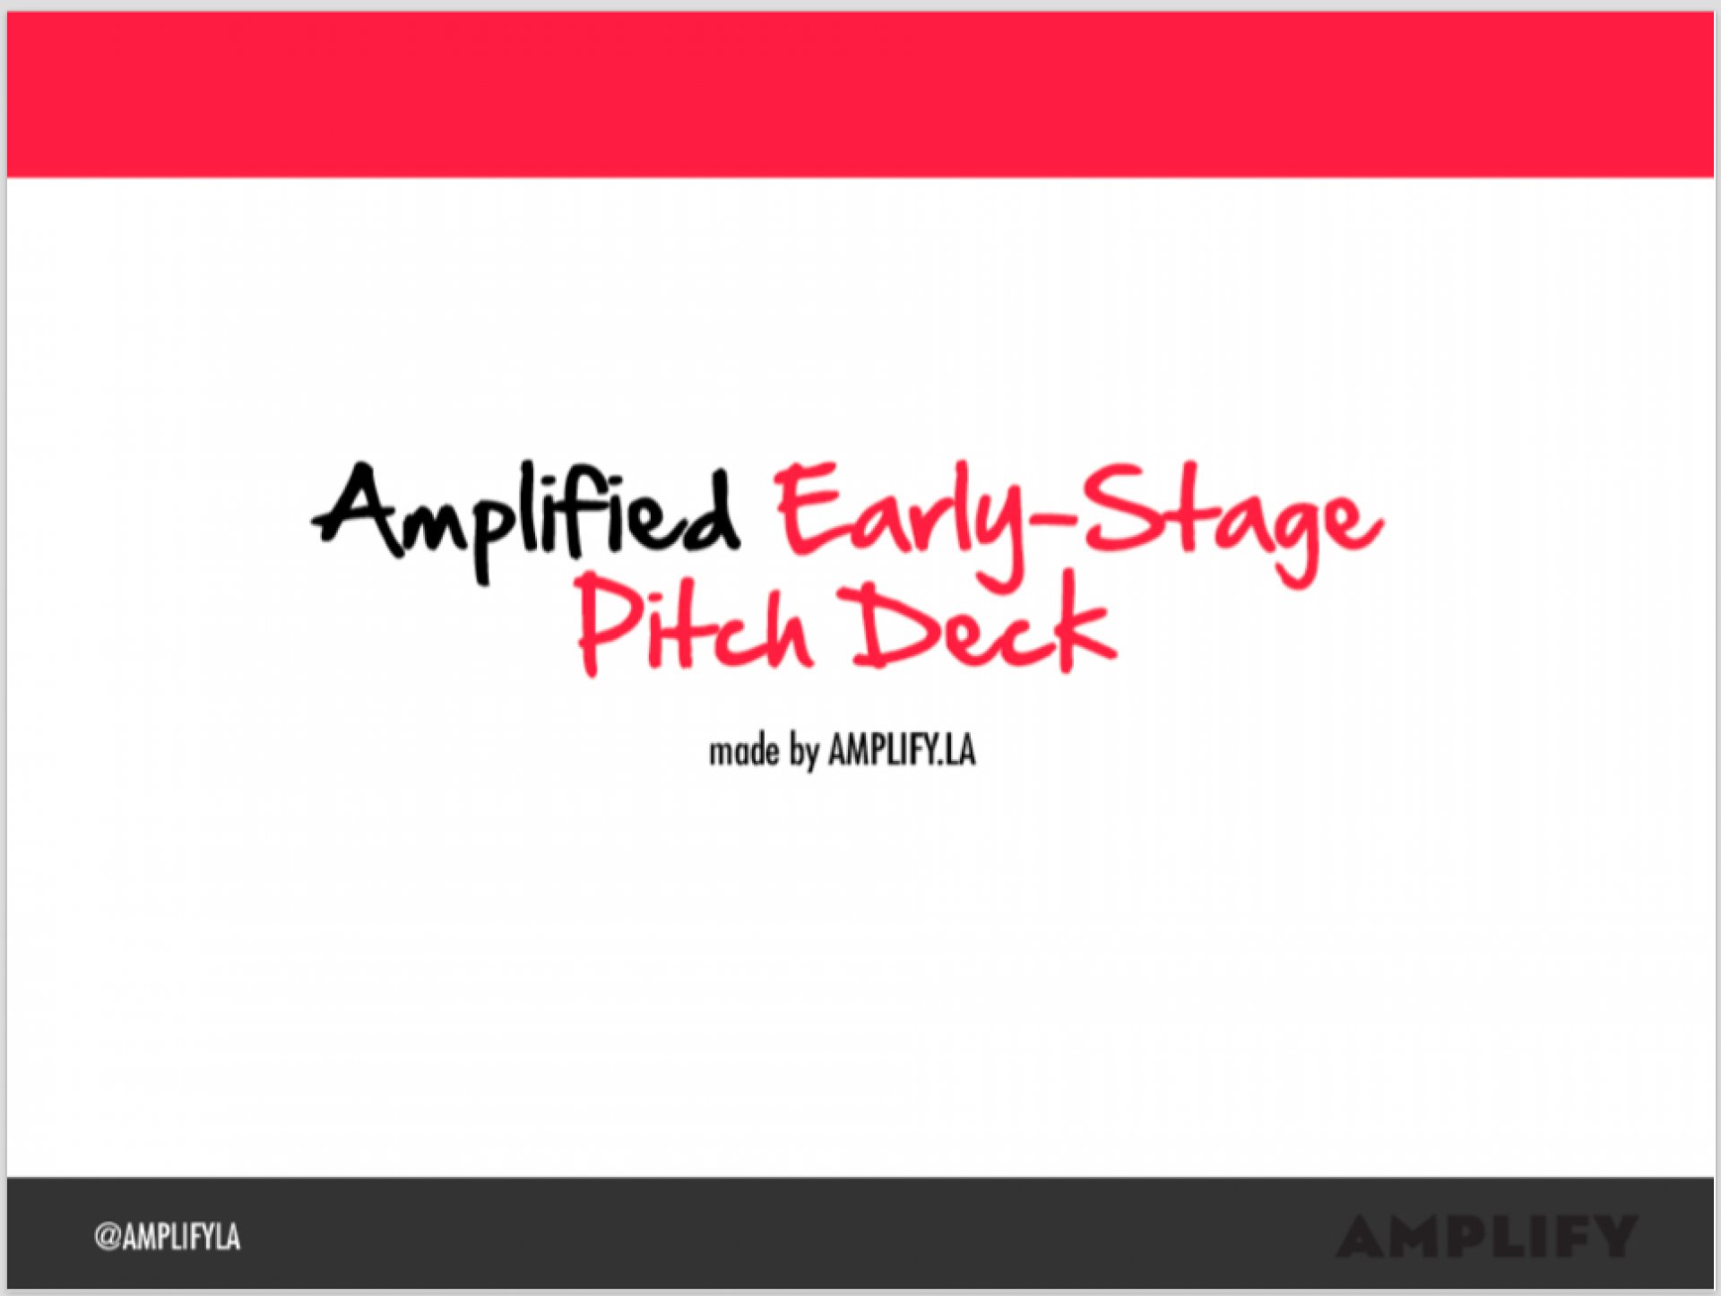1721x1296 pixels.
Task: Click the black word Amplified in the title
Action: pos(526,521)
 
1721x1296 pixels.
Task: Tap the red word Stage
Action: pos(1233,523)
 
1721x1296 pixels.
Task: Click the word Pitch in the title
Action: pos(695,623)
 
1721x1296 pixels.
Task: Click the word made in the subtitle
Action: pos(744,751)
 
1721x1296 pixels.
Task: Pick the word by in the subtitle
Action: pos(804,753)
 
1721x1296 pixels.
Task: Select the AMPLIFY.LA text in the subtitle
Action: pos(902,750)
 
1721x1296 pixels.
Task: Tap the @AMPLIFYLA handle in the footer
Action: pos(167,1237)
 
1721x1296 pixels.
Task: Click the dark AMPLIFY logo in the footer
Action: pos(1486,1237)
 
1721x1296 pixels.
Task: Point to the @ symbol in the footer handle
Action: pos(108,1238)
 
